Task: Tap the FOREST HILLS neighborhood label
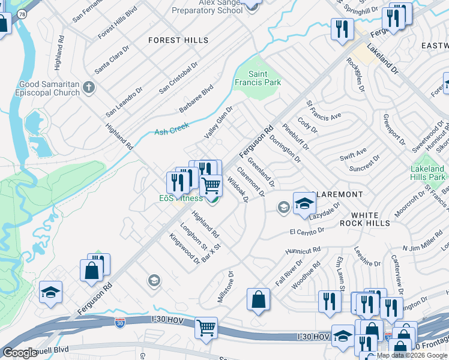tap(178, 40)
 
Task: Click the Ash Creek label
tap(172, 129)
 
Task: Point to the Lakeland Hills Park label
tap(427, 173)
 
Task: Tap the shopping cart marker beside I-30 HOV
tap(206, 329)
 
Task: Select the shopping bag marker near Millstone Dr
tap(258, 300)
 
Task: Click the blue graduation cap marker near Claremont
tap(304, 203)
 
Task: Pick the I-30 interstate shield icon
tap(120, 323)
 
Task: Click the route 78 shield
tap(22, 13)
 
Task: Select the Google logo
tap(20, 353)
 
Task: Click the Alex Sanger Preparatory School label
tap(207, 7)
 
